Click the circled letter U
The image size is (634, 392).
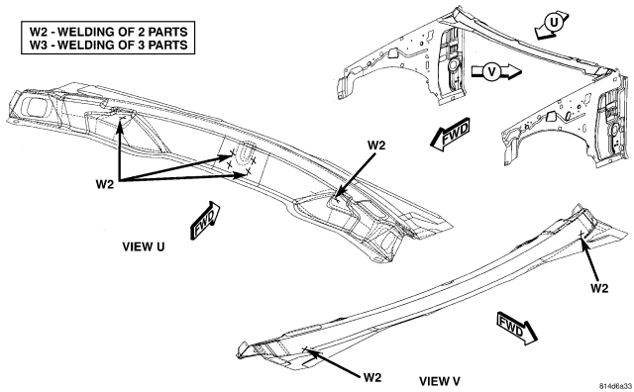tap(553, 23)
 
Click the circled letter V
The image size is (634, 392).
tap(491, 72)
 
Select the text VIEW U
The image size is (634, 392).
tap(144, 246)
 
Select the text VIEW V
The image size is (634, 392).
tap(440, 381)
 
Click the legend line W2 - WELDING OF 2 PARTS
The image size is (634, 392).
tap(108, 32)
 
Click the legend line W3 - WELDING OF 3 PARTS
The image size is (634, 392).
tap(108, 45)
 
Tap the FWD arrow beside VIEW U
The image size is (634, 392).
tap(205, 220)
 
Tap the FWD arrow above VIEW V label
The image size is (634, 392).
tap(517, 328)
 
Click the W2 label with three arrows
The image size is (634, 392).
tap(105, 185)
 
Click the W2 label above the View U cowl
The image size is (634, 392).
tap(376, 146)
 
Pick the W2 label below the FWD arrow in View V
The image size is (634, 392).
tap(599, 288)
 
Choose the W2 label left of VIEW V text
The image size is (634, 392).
tap(372, 378)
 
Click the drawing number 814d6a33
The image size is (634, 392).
tap(615, 386)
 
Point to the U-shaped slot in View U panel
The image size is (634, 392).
tap(245, 153)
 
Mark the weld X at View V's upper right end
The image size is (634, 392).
tap(581, 234)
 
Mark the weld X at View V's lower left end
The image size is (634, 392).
tap(306, 348)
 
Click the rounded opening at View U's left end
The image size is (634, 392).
tap(38, 107)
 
